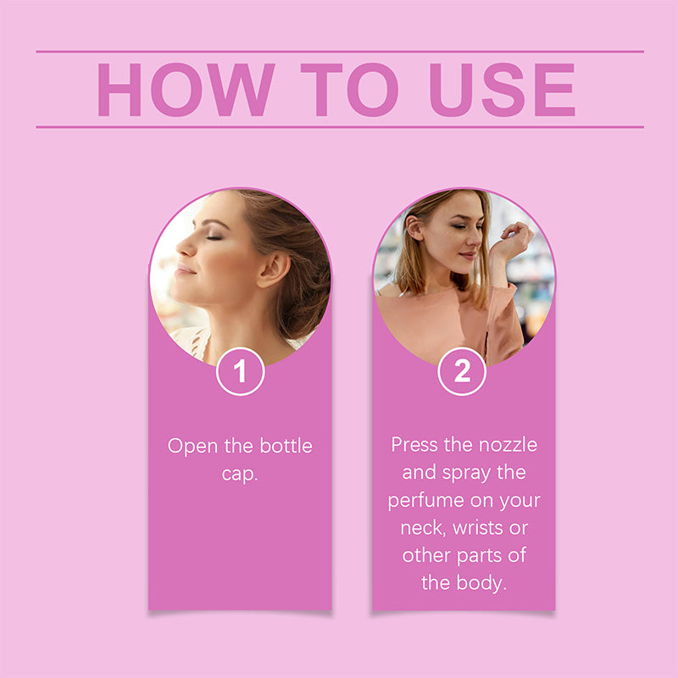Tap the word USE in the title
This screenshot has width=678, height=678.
[x=502, y=90]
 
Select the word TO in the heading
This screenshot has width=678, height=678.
[x=349, y=90]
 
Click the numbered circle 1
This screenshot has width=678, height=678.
[x=241, y=371]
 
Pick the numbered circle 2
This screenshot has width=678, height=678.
[x=462, y=371]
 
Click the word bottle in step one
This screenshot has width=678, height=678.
[x=286, y=446]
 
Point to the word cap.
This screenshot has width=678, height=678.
[x=240, y=475]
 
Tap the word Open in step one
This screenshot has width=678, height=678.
[x=192, y=447]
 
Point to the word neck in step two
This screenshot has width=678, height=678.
[x=422, y=528]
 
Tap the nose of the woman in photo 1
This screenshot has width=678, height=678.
[x=185, y=247]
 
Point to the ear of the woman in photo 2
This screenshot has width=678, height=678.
[x=414, y=226]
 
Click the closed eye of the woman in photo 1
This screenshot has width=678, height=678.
[x=214, y=237]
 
